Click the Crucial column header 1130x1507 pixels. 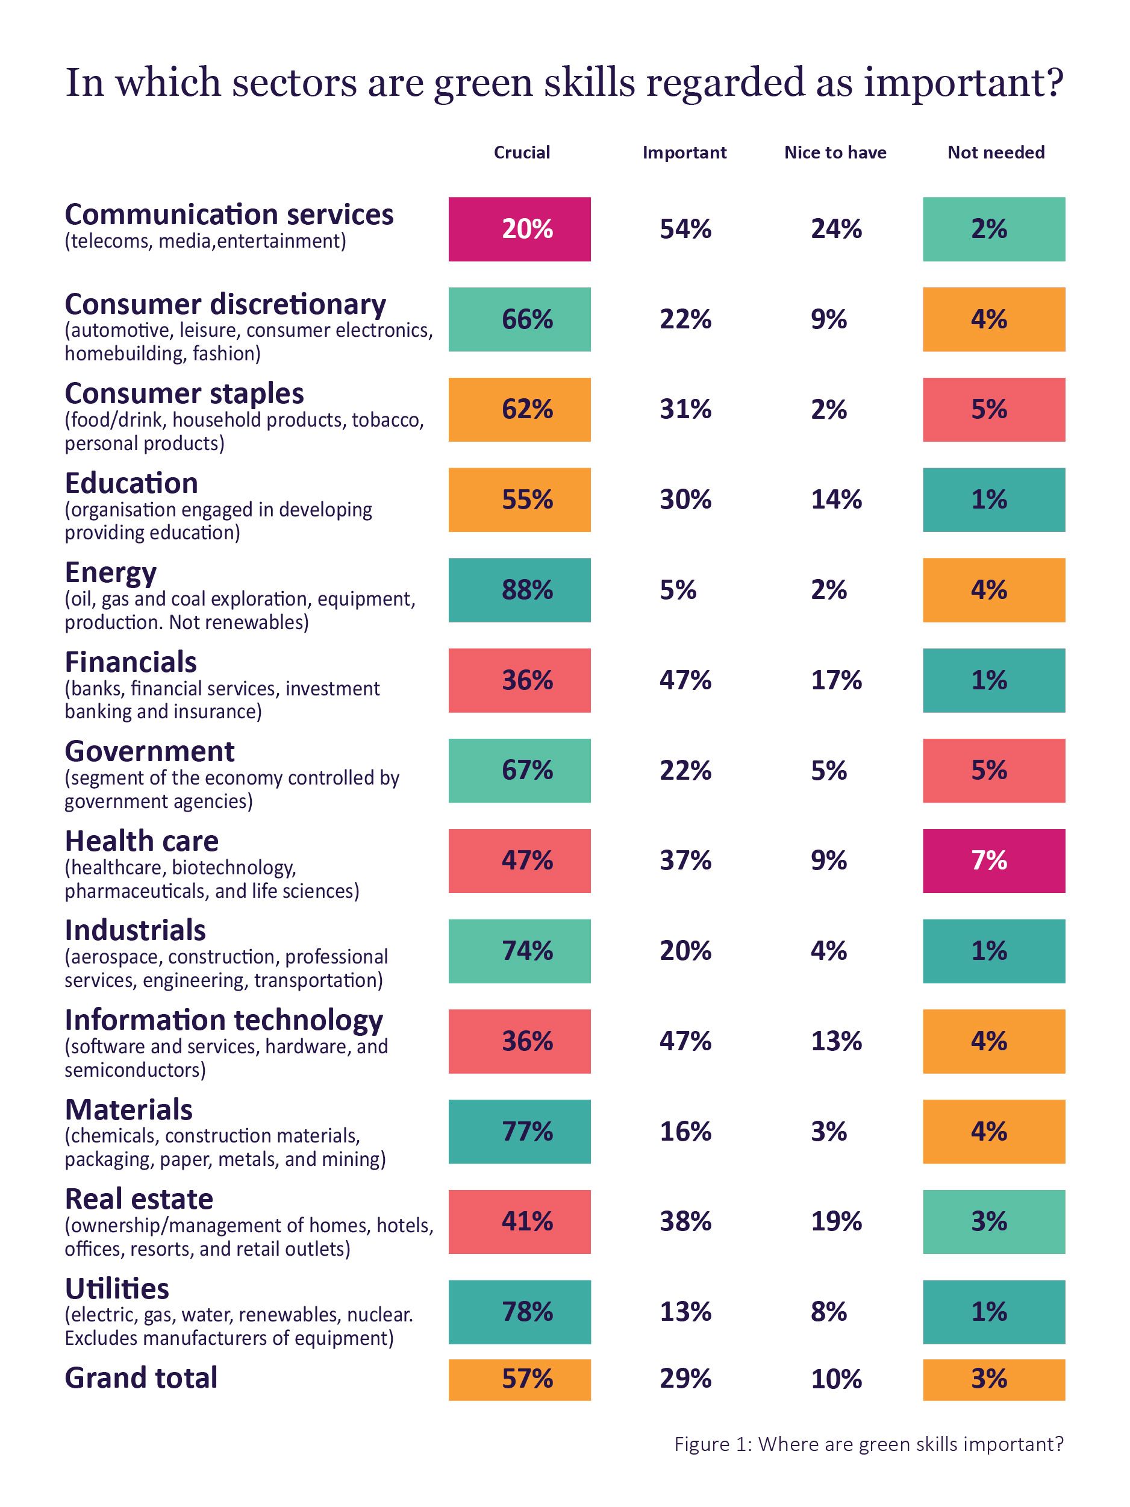tap(521, 152)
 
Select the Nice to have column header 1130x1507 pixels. tap(834, 152)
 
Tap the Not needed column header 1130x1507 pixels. tap(995, 152)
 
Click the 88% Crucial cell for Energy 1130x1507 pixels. tap(519, 589)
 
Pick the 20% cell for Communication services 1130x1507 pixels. tap(519, 229)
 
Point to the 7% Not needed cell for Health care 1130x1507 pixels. tap(993, 860)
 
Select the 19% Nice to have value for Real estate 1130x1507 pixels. tap(835, 1221)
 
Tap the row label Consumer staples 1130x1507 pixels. tap(184, 394)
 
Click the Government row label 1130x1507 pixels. tap(149, 751)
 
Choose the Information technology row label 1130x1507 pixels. tap(223, 1020)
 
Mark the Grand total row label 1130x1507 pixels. tap(141, 1377)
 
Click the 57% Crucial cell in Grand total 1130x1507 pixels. tap(519, 1379)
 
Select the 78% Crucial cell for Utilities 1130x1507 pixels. tap(519, 1312)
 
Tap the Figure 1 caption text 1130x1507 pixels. tap(868, 1444)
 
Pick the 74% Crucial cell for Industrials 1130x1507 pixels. tap(519, 950)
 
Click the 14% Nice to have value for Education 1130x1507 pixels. tap(835, 500)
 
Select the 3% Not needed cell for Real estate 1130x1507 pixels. tap(993, 1221)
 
